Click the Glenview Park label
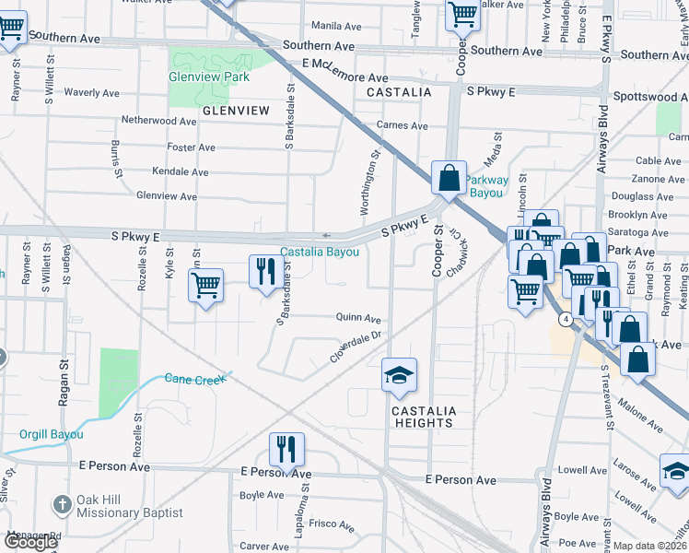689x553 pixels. (x=197, y=77)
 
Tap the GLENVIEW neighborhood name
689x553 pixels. (x=236, y=111)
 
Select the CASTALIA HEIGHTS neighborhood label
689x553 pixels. (x=423, y=417)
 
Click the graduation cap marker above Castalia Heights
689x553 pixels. (x=400, y=374)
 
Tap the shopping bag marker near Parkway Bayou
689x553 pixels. (x=448, y=178)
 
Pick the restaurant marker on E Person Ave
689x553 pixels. (x=286, y=449)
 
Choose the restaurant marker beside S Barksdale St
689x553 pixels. (x=263, y=271)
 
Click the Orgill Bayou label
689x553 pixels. (x=52, y=434)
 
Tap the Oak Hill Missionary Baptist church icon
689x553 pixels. (x=62, y=504)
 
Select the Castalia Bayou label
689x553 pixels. (x=320, y=253)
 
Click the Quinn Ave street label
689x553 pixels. (x=358, y=318)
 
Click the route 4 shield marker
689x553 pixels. (x=564, y=319)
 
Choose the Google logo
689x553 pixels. (x=30, y=542)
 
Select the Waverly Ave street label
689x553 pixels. (x=91, y=93)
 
